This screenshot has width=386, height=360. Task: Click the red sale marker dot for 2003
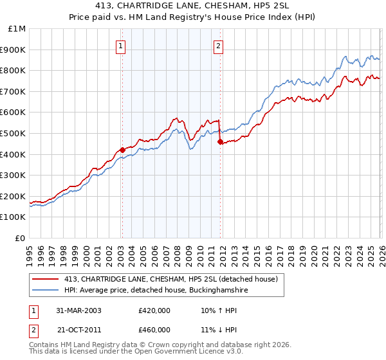pos(122,150)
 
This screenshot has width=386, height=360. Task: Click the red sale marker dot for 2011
pos(220,141)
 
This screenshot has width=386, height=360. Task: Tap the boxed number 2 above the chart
pos(219,46)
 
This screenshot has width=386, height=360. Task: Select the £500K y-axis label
pos(13,133)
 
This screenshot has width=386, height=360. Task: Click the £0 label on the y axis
pos(21,238)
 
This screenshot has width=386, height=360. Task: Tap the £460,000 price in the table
pos(154,330)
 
